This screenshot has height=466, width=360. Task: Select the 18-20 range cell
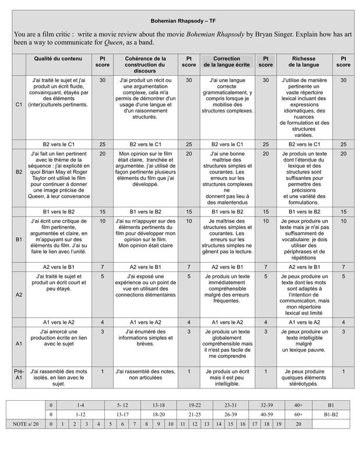[x=159, y=414]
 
